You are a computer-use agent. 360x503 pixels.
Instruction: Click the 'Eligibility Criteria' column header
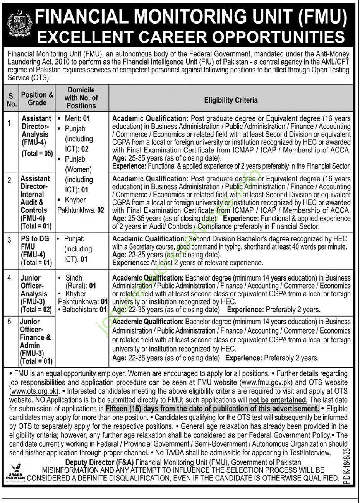click(x=231, y=100)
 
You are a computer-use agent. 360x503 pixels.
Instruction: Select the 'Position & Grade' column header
click(x=37, y=99)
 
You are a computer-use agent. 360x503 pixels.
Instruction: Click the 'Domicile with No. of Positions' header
click(x=81, y=98)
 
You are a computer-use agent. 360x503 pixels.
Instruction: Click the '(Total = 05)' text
click(x=37, y=153)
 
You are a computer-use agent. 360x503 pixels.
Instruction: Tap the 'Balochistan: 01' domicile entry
click(x=82, y=310)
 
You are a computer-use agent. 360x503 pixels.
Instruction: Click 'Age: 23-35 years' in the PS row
click(x=137, y=255)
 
